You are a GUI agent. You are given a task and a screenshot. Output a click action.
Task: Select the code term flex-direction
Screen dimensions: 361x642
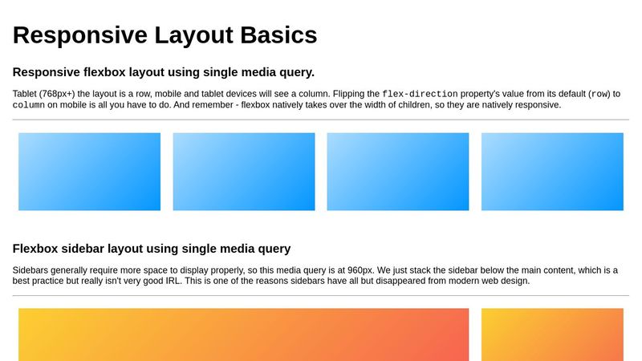(420, 94)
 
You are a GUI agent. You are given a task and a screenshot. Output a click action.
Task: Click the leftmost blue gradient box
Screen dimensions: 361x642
(89, 172)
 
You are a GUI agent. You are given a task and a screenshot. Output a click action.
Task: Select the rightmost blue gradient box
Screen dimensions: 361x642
(552, 172)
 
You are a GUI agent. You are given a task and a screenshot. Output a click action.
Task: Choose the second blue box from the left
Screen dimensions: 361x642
(244, 172)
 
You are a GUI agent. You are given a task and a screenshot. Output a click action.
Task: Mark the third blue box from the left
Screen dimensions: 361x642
(398, 172)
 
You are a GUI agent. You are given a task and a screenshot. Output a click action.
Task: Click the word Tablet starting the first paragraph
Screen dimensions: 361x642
(27, 94)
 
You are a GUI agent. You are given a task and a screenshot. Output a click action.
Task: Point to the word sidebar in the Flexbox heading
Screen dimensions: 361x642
(83, 249)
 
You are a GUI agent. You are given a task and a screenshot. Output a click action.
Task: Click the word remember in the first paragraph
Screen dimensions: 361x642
(201, 104)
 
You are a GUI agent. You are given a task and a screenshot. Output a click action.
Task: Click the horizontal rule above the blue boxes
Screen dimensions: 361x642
(321, 120)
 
